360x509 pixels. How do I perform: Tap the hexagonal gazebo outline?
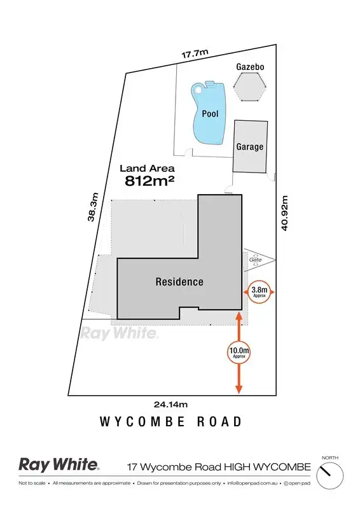click(x=250, y=86)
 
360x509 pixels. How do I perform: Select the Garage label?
click(x=250, y=147)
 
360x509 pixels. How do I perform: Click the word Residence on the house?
click(x=179, y=281)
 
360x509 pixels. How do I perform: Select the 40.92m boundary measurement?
click(x=285, y=213)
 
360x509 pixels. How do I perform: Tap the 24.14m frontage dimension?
click(x=171, y=404)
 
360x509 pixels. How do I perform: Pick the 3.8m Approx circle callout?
click(x=258, y=293)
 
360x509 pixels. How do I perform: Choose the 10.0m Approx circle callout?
click(x=239, y=352)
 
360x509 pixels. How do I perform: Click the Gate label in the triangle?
click(x=256, y=260)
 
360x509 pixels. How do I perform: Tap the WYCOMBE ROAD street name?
click(x=171, y=421)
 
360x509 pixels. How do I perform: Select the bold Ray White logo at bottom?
click(x=59, y=465)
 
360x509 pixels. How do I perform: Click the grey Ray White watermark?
click(x=119, y=332)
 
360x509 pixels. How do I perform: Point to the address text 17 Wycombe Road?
click(x=219, y=467)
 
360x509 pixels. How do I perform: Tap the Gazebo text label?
click(x=249, y=66)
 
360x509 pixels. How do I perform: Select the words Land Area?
click(x=148, y=169)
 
